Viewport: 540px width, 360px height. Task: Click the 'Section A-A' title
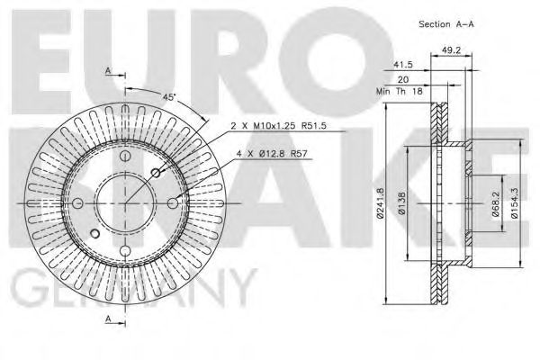click(x=445, y=23)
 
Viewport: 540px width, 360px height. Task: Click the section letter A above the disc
click(x=109, y=70)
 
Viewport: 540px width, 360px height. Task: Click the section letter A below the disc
click(x=109, y=319)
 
